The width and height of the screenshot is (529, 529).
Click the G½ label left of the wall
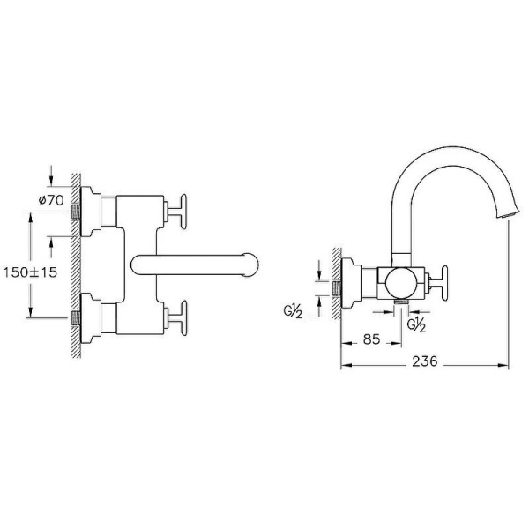point(294,313)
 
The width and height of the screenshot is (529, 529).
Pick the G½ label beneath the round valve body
point(417,324)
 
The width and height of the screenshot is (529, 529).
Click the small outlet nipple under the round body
point(401,304)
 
